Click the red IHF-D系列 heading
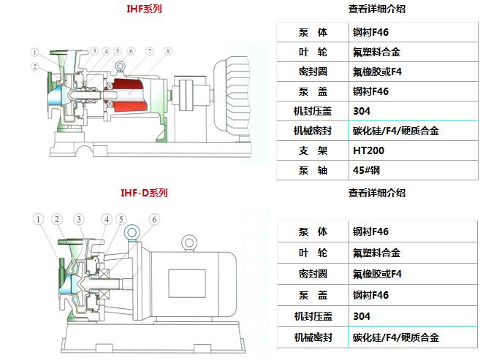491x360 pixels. tap(144, 194)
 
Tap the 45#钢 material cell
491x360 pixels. tap(365, 171)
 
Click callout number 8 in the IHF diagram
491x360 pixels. tap(168, 51)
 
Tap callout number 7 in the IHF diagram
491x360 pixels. tap(149, 51)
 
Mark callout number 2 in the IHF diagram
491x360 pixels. tap(34, 67)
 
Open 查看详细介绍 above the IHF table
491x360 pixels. tap(377, 9)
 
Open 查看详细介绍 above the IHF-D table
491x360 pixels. tap(377, 194)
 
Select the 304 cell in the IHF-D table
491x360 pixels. tap(361, 316)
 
